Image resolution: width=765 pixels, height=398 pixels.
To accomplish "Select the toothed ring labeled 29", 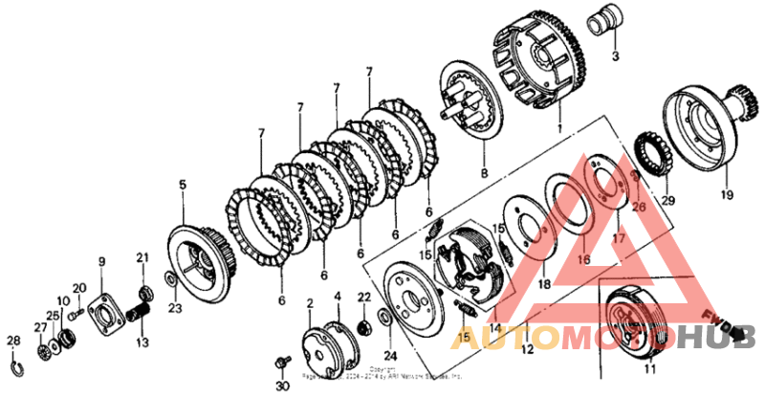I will click(x=652, y=153).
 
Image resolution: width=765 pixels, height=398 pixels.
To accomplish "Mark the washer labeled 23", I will click(x=169, y=278).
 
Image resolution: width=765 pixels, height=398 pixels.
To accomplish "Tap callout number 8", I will click(x=484, y=174).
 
